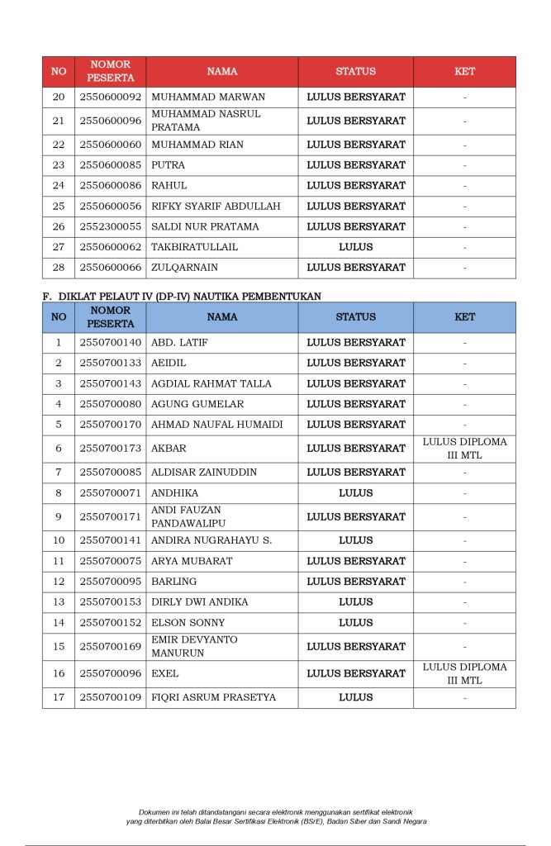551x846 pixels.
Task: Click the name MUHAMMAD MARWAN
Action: [x=196, y=97]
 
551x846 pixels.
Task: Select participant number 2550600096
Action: [x=110, y=121]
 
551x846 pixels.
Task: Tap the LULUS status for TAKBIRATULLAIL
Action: [x=356, y=247]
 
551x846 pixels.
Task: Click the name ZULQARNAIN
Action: [x=184, y=268]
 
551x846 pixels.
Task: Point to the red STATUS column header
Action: [x=356, y=72]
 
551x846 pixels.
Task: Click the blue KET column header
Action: [x=464, y=317]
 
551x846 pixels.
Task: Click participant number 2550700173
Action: [x=110, y=449]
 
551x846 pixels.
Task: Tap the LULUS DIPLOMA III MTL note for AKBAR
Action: [x=464, y=449]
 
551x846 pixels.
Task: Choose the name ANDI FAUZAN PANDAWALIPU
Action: [x=187, y=517]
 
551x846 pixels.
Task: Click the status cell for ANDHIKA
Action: [x=356, y=493]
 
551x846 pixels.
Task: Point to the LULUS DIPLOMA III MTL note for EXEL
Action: [x=464, y=674]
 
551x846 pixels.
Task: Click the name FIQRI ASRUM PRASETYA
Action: [x=213, y=698]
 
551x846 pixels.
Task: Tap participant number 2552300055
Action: [x=110, y=226]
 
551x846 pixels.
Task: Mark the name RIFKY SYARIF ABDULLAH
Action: [x=216, y=207]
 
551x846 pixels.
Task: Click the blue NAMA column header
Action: [x=222, y=317]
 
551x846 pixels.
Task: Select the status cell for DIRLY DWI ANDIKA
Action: [x=356, y=602]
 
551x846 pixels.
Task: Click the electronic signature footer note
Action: [x=276, y=816]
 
